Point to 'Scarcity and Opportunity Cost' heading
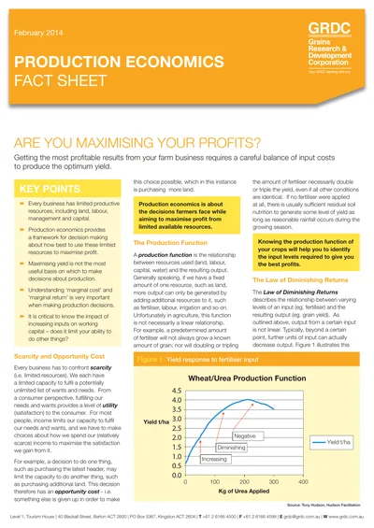63,331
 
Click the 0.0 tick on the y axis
176,474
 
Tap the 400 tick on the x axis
303,482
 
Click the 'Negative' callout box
245,435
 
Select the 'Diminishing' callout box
231,448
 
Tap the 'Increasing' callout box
214,459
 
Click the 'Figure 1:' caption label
151,332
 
